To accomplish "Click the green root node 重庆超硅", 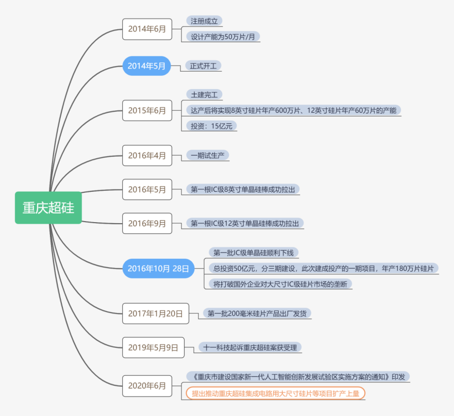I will click(x=48, y=208).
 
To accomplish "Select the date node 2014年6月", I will click(x=147, y=29).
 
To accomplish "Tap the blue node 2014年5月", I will click(x=147, y=66).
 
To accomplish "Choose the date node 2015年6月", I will click(x=147, y=110).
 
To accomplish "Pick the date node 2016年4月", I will click(x=147, y=156).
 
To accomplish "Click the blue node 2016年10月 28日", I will click(x=158, y=268).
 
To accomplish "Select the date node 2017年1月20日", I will click(x=155, y=313).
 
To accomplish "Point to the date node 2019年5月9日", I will click(x=153, y=348).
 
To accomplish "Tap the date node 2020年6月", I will click(x=147, y=386).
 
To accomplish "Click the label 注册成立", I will click(x=204, y=21).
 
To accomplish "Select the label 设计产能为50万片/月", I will click(x=223, y=37).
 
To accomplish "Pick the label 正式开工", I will click(x=204, y=66).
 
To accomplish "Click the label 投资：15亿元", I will click(x=211, y=126).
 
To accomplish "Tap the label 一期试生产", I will click(x=207, y=155).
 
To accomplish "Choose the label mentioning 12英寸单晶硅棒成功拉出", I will click(x=245, y=223).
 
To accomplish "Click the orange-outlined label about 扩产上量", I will click(x=275, y=393).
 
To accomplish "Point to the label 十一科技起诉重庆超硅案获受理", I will click(x=250, y=348).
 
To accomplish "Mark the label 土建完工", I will click(x=204, y=95).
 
